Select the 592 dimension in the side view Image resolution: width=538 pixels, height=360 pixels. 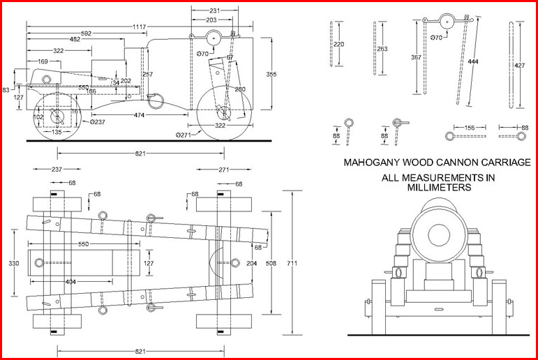coord(86,33)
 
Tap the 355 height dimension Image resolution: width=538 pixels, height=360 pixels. coord(271,74)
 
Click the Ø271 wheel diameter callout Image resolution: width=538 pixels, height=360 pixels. coord(184,134)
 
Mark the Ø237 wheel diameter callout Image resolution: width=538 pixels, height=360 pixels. coord(98,122)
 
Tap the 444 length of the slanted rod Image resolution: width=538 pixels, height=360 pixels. coord(473,63)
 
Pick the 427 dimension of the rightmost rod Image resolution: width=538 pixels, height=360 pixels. coord(519,66)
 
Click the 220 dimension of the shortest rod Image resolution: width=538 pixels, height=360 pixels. coord(339,45)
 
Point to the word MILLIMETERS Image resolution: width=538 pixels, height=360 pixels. coord(437,188)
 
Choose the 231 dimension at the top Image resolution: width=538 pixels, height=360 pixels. coord(215,11)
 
